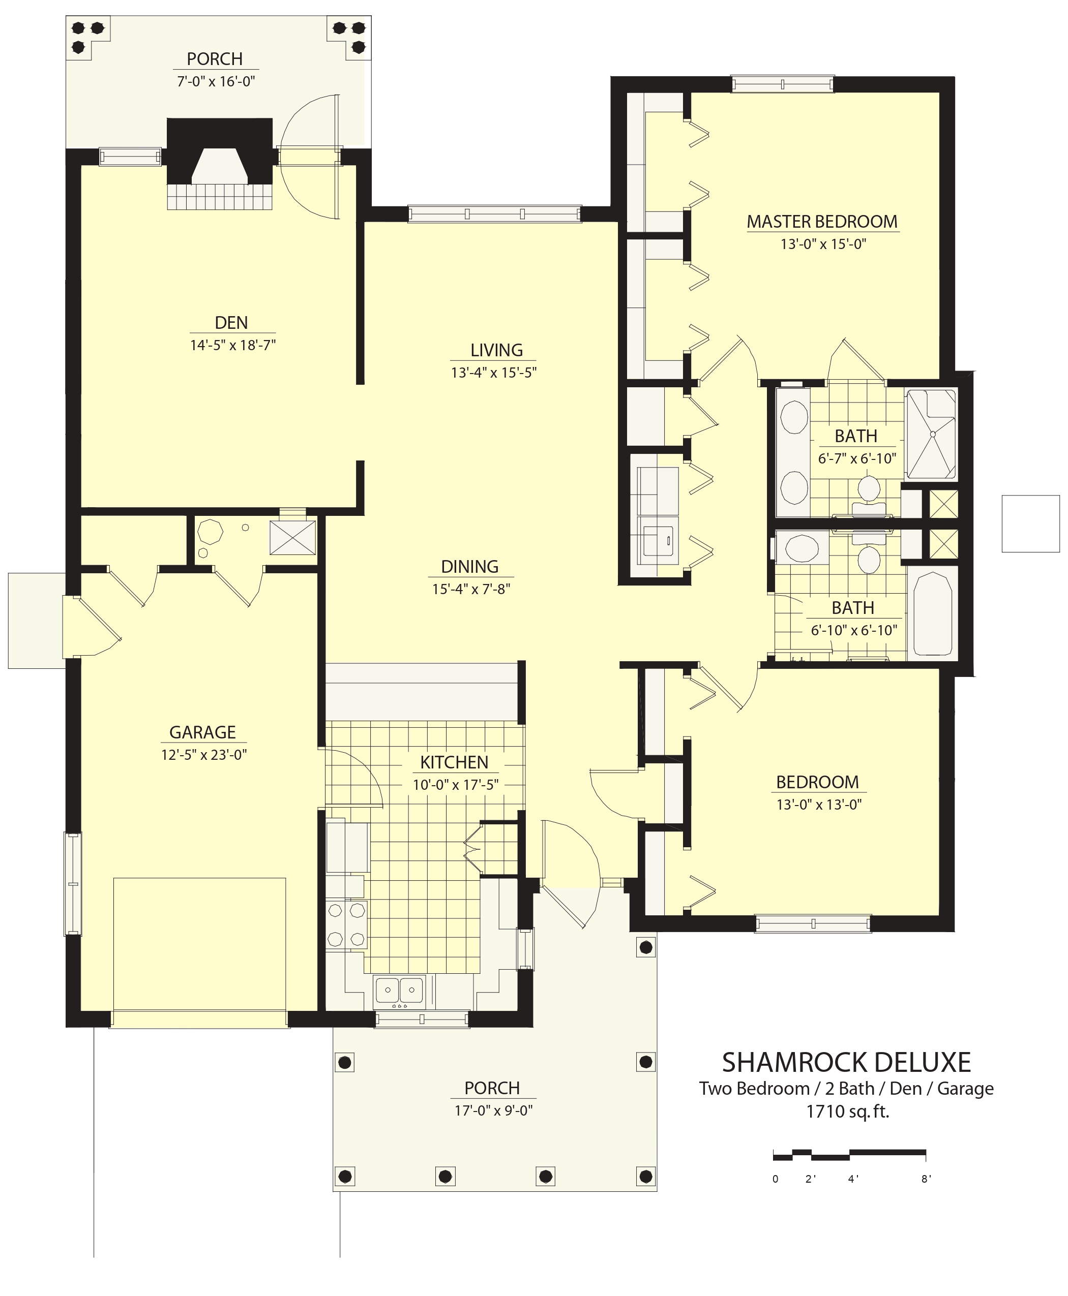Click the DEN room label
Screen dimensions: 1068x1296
(x=231, y=323)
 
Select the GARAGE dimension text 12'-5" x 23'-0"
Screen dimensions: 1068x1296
(x=203, y=754)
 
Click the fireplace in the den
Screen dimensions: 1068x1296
(x=220, y=164)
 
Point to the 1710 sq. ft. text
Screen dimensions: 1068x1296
(x=848, y=1112)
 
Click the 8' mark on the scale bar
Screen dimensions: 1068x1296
(x=926, y=1179)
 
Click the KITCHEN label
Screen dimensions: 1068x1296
(x=454, y=762)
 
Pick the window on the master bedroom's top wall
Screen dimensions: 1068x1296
(x=782, y=84)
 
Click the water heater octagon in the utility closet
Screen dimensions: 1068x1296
(x=211, y=532)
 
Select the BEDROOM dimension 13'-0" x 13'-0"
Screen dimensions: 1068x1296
(x=819, y=804)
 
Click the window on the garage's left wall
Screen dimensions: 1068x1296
(x=73, y=883)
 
